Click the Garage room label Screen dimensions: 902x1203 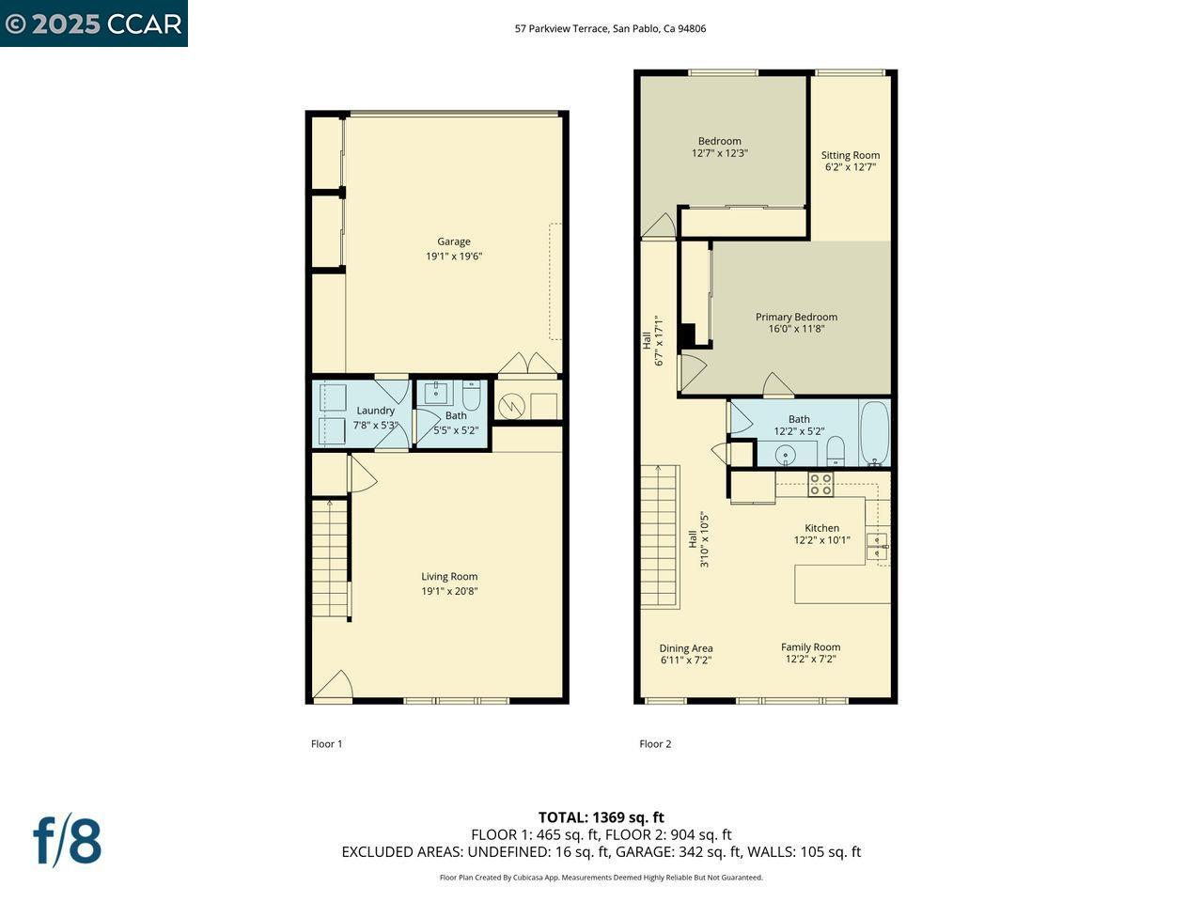click(453, 241)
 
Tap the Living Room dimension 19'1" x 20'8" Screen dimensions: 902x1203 click(449, 591)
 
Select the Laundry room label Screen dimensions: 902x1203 click(375, 411)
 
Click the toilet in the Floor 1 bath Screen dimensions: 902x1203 click(471, 396)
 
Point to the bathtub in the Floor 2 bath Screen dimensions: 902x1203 click(874, 433)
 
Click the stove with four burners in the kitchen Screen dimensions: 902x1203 click(820, 484)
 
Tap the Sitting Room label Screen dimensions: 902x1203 click(850, 155)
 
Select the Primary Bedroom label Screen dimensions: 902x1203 click(795, 317)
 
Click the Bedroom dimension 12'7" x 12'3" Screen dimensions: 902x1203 click(719, 153)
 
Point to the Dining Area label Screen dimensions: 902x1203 click(685, 648)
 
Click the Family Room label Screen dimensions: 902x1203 click(810, 646)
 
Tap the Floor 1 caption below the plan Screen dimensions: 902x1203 click(326, 744)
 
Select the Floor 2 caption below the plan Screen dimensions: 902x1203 click(655, 744)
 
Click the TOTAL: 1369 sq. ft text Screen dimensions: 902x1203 click(601, 817)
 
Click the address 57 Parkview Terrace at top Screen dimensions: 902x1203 click(610, 28)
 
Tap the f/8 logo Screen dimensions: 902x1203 click(67, 840)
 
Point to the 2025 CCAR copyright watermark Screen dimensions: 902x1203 click(93, 23)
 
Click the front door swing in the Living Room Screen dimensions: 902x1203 click(334, 685)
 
